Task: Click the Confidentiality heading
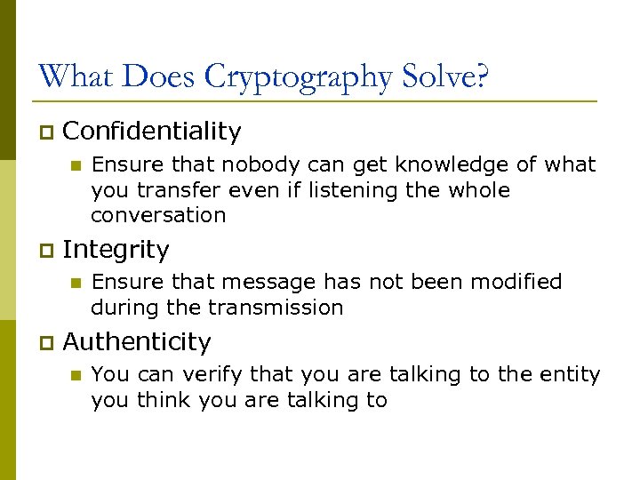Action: coord(152,132)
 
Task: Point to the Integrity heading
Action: coord(116,250)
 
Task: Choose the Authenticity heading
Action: coord(137,342)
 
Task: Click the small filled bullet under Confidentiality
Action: coord(76,165)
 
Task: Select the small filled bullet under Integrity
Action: coord(76,283)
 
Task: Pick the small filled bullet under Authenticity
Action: coord(76,375)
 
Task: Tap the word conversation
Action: coord(158,215)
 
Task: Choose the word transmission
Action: coord(276,308)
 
